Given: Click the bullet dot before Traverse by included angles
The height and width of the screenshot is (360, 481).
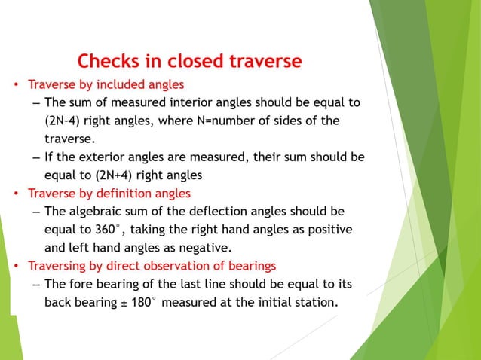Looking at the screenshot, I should coord(15,84).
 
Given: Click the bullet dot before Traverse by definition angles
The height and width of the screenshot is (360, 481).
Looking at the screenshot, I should coord(15,194).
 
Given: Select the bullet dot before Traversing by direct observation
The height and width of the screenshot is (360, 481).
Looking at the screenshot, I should coord(15,266).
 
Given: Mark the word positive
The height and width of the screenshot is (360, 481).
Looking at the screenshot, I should coord(329,229).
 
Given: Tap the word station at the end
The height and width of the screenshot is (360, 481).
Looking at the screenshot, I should coord(315,302).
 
